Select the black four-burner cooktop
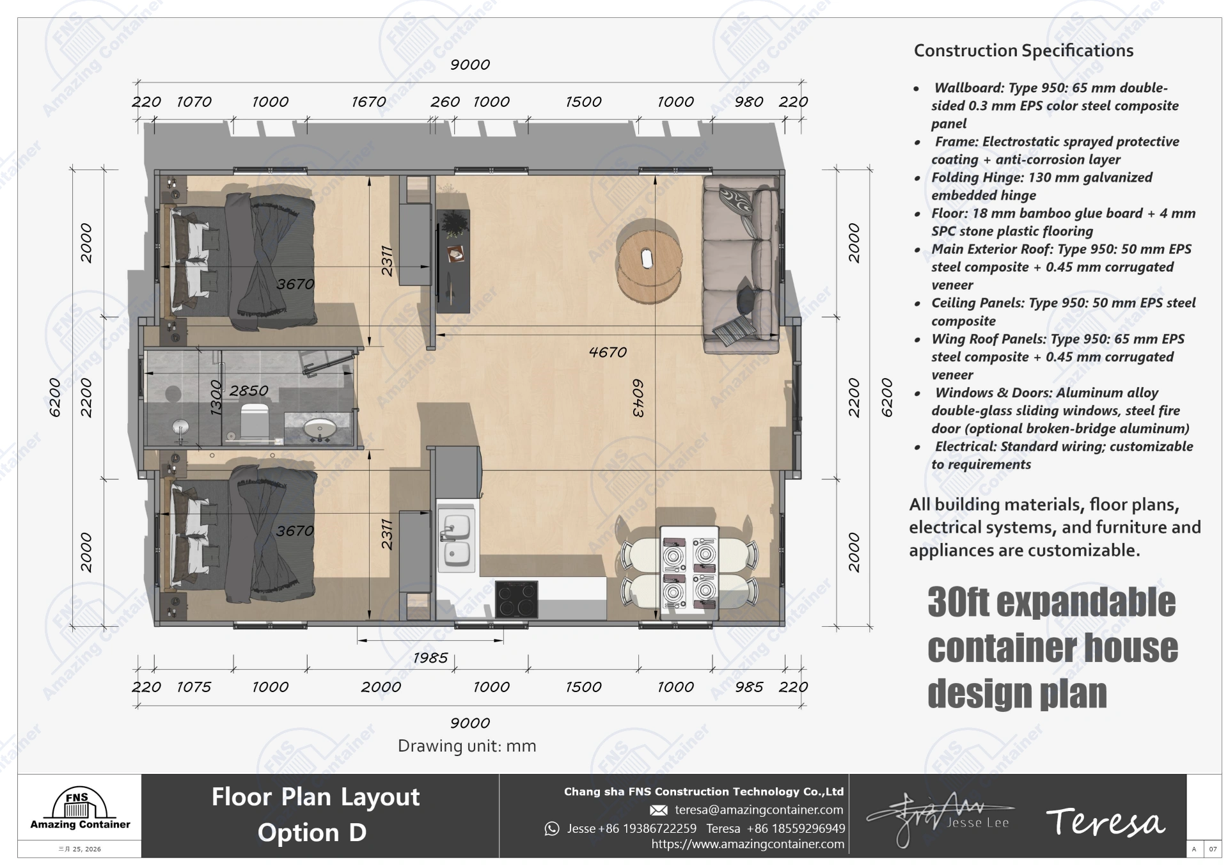517,599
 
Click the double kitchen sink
457,541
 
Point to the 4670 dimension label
607,352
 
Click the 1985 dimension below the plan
430,658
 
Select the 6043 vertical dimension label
637,398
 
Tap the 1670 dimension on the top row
368,102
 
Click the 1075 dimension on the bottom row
193,686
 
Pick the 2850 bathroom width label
249,391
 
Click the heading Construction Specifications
1023,51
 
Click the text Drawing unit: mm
467,746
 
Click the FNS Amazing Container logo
80,810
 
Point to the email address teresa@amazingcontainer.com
759,810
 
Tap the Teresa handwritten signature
1105,823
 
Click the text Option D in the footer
311,832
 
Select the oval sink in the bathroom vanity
318,428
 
